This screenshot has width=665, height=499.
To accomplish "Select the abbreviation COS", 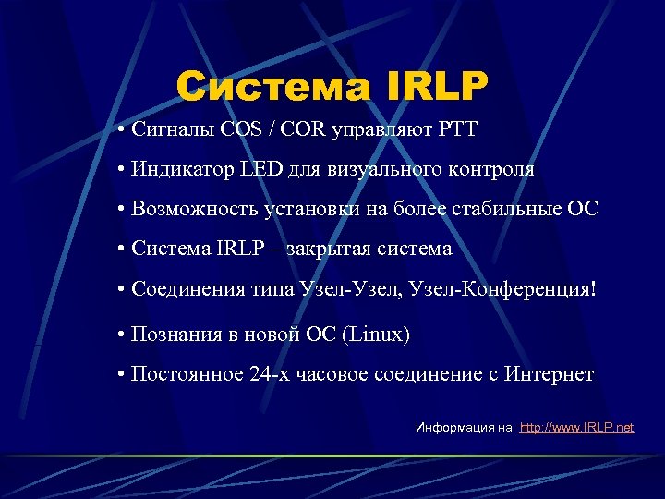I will point(240,128).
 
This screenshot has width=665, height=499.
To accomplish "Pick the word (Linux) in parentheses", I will point(375,334).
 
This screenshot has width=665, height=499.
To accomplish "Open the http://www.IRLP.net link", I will point(577,428).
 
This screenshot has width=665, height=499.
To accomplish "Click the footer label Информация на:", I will point(465,428).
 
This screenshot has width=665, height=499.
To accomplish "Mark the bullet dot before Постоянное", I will point(122,374).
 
